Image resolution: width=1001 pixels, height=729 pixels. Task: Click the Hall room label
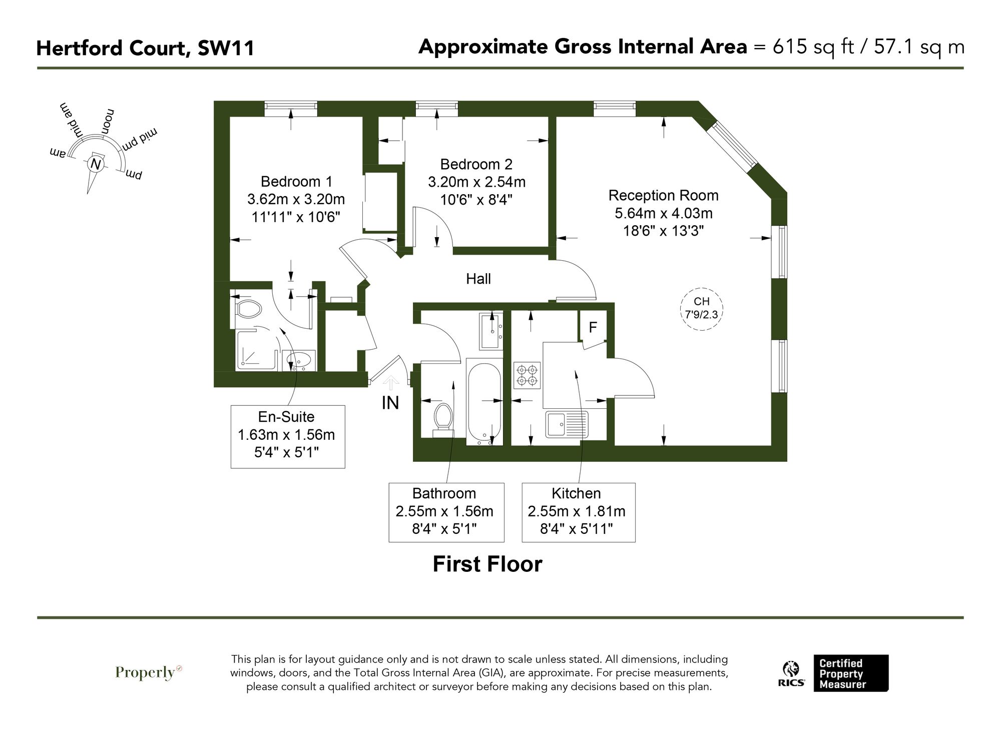pos(478,279)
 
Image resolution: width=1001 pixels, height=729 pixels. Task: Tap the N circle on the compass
pos(95,164)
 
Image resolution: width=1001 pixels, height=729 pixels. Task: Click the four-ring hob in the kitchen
pos(527,375)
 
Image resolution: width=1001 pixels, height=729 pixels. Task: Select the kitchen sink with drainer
pos(567,425)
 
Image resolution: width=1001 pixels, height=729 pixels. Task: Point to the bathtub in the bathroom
pos(484,400)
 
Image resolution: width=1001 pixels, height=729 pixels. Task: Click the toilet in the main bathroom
pos(442,419)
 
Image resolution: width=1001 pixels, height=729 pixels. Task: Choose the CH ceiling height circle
pos(702,308)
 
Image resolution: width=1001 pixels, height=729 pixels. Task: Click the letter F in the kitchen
pos(593,327)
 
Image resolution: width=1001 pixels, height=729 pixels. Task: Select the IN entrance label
pos(390,403)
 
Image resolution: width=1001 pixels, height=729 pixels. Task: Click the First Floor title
pos(487,564)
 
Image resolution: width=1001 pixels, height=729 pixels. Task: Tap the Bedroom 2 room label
pos(476,164)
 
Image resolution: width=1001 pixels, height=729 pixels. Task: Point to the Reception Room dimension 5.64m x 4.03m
pos(663,213)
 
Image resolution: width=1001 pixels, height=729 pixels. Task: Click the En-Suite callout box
pos(287,436)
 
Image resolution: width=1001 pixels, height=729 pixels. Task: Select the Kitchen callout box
pos(578,512)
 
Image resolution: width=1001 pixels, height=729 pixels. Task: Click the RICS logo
pos(791,673)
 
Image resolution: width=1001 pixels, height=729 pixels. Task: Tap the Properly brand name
pos(145,672)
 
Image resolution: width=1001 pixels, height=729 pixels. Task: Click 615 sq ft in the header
pos(813,47)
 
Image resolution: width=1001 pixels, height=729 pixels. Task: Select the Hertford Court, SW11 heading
pos(145,49)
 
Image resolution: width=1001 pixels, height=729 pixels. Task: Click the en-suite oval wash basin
pos(299,359)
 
